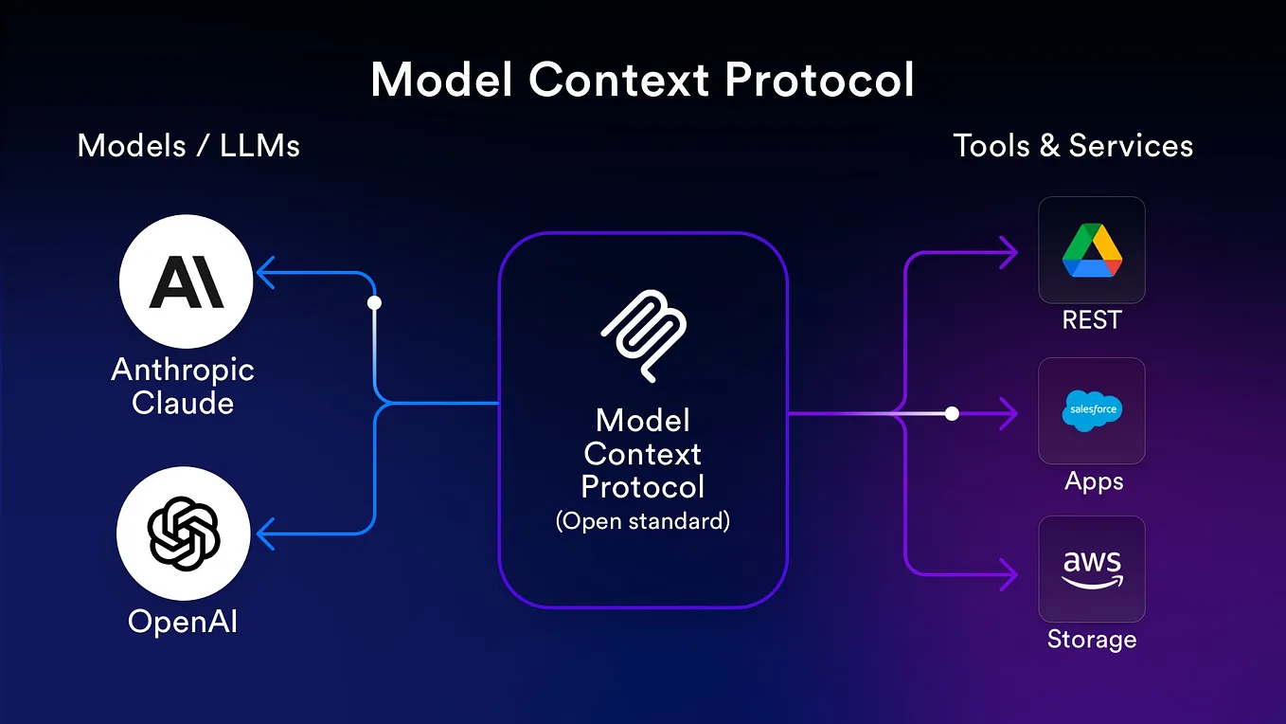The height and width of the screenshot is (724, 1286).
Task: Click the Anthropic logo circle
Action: (186, 281)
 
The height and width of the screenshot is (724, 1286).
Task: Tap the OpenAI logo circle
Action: (184, 534)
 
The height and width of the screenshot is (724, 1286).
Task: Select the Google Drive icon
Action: (1092, 250)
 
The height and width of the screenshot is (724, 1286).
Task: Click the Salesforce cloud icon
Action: (1092, 410)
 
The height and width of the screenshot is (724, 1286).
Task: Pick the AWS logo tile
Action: (1092, 569)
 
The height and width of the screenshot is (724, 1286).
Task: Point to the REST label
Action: (1092, 320)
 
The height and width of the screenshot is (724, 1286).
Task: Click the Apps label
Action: (1094, 480)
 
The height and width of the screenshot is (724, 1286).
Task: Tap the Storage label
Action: (1092, 639)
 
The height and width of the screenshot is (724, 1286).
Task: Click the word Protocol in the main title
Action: (820, 81)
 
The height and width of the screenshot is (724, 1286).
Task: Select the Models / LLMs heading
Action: (188, 146)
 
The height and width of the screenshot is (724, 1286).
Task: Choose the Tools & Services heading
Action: (1073, 146)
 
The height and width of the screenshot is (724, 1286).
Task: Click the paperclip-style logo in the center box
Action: (643, 336)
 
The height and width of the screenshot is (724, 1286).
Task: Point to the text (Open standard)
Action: (643, 521)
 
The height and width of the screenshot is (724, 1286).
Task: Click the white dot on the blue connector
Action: (374, 303)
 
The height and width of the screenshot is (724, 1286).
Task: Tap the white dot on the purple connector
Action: (952, 413)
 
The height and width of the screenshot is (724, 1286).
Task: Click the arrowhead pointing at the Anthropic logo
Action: (265, 275)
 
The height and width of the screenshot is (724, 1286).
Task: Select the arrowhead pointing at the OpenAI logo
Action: (265, 533)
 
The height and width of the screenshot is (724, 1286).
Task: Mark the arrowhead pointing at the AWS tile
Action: (1009, 572)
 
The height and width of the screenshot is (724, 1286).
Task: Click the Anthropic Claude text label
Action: (183, 386)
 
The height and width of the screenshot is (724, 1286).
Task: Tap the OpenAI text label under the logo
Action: (183, 622)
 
